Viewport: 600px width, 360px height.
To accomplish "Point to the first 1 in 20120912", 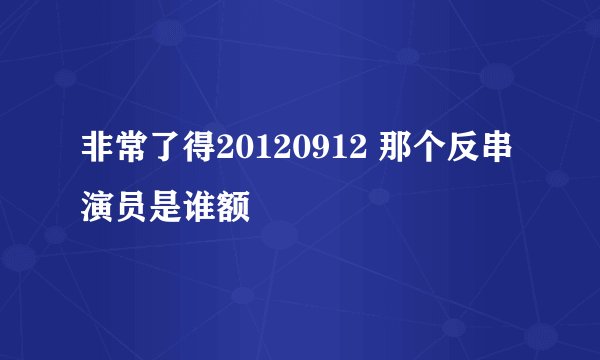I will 260,152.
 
